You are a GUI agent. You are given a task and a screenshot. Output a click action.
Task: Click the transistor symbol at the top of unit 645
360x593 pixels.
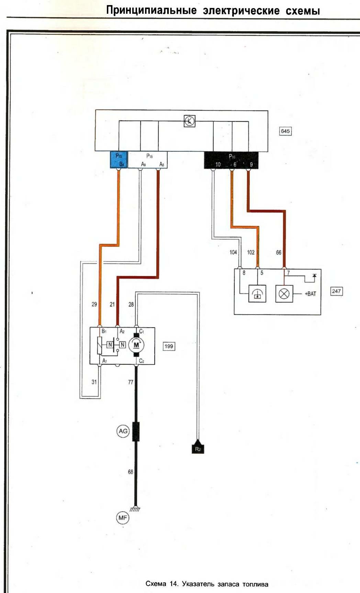189,121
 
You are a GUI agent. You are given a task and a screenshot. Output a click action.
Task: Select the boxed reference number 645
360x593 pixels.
285,131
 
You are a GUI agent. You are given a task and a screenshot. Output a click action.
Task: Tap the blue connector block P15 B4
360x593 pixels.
119,160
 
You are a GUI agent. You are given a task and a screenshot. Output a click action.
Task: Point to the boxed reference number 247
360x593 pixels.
336,291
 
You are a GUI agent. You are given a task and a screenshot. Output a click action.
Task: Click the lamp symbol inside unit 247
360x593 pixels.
284,294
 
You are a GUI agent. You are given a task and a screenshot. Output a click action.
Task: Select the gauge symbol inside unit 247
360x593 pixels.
257,294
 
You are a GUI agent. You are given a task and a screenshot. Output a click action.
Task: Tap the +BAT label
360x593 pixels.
310,294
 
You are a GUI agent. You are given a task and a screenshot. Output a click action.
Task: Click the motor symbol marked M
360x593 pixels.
136,345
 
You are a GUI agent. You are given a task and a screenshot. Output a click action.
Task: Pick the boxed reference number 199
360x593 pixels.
169,346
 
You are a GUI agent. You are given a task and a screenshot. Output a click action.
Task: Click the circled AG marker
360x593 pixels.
123,431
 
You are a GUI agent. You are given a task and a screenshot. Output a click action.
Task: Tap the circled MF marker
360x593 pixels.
123,518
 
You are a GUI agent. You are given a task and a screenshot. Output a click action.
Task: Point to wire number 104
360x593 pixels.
233,252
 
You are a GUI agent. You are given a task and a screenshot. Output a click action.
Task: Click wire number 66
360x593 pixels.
279,252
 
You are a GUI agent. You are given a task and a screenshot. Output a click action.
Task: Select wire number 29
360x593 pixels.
94,304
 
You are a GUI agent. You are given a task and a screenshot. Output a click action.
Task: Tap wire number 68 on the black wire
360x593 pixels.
131,472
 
